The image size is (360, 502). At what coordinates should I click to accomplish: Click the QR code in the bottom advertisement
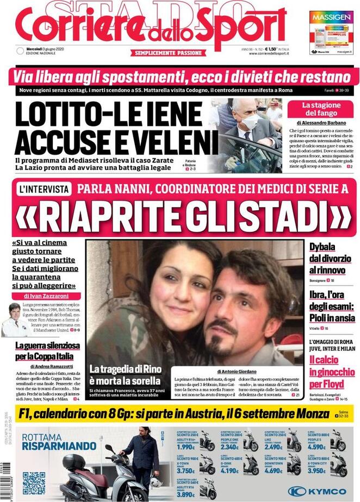pos(34,482)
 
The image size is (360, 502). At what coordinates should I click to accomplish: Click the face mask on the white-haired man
pos(250,122)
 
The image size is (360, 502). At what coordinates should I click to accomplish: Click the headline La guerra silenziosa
pos(47,346)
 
